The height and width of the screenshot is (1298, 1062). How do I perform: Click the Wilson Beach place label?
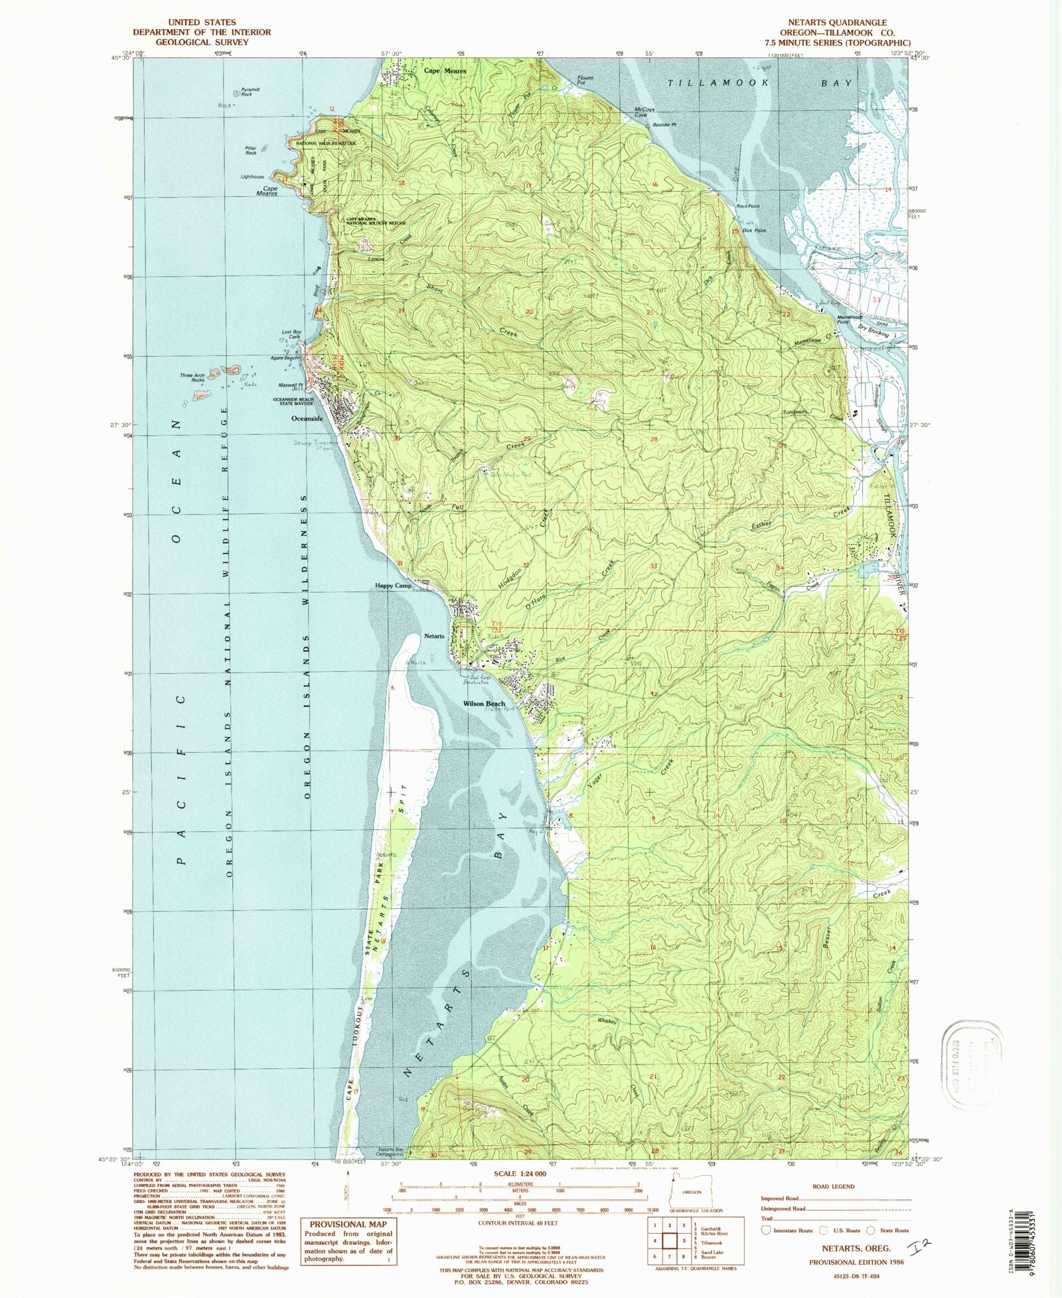[x=484, y=704]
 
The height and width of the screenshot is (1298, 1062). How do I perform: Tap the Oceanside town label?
[x=307, y=419]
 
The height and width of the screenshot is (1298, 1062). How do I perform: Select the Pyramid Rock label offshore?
[x=250, y=92]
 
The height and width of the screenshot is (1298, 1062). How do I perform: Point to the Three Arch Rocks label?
[x=192, y=377]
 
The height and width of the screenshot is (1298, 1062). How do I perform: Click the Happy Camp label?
[x=394, y=586]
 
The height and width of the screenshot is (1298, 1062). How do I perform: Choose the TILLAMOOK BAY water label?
[x=761, y=83]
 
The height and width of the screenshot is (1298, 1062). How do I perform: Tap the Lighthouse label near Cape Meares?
[x=252, y=177]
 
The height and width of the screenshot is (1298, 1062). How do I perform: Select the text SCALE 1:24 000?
[x=520, y=1173]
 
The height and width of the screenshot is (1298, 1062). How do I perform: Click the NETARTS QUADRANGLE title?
[x=837, y=23]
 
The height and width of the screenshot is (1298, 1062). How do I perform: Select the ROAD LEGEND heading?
[x=833, y=1186]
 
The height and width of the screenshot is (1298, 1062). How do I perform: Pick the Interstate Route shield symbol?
[x=767, y=1230]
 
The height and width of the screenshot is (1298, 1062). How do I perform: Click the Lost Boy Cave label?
[x=291, y=334]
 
